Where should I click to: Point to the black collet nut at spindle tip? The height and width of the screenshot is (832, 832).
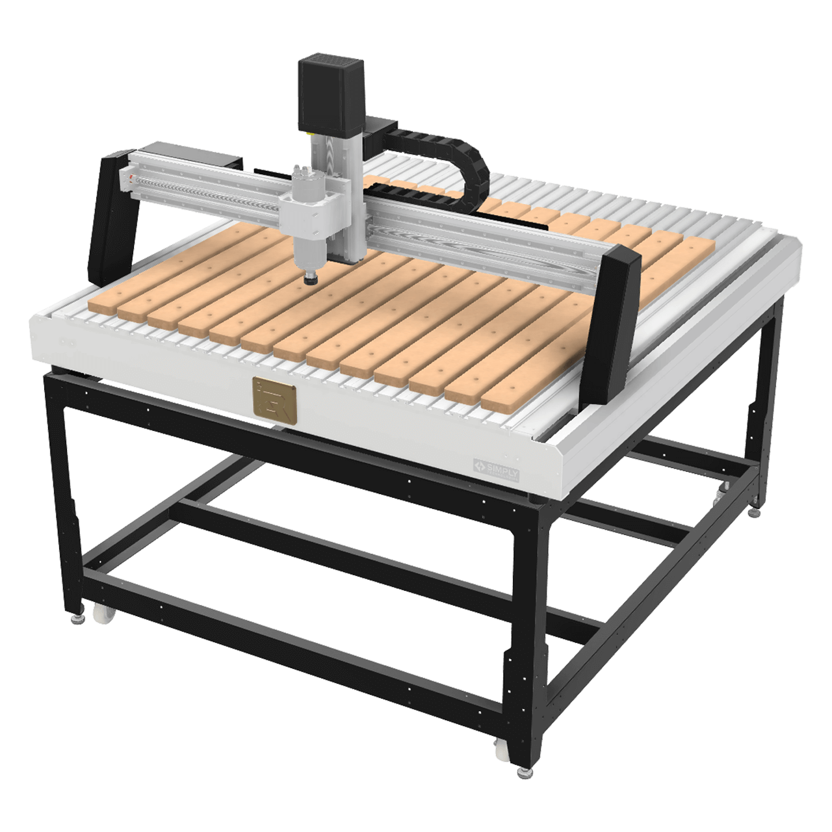[311, 279]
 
